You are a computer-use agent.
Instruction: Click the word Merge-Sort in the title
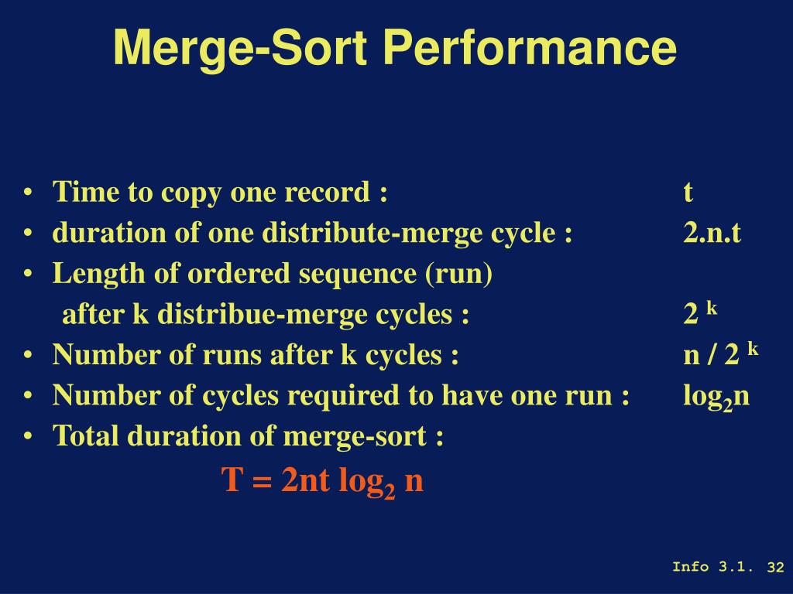240,49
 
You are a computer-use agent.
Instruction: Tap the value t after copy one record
688,192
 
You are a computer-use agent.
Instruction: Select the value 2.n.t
712,233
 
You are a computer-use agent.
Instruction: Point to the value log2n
716,397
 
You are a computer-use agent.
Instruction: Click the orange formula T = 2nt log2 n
323,480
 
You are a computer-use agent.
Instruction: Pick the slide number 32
776,567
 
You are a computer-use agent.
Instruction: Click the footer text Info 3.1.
712,567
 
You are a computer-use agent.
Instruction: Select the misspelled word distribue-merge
305,315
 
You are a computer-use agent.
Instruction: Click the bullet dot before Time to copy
28,193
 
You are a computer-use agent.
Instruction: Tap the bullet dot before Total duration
28,436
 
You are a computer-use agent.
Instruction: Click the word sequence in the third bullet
358,275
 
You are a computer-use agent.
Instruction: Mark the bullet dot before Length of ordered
28,275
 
